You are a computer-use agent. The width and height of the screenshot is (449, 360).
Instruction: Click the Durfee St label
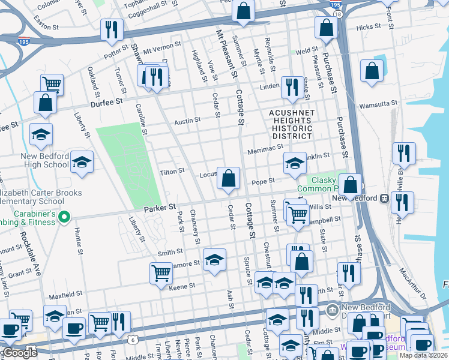106,102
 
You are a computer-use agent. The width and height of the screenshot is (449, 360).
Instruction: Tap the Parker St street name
160,207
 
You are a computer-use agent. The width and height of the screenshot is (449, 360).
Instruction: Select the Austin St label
187,121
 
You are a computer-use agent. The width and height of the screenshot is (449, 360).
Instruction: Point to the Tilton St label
172,172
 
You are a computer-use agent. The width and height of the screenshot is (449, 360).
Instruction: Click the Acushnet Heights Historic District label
291,124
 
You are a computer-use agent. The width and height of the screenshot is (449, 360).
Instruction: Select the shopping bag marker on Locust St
228,178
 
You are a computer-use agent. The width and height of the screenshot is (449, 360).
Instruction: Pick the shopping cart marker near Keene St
161,273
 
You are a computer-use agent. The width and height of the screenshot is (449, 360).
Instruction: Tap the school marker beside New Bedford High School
82,161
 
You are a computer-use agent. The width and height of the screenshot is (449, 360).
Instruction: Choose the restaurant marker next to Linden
292,86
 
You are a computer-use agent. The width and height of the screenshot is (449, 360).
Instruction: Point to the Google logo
20,353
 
